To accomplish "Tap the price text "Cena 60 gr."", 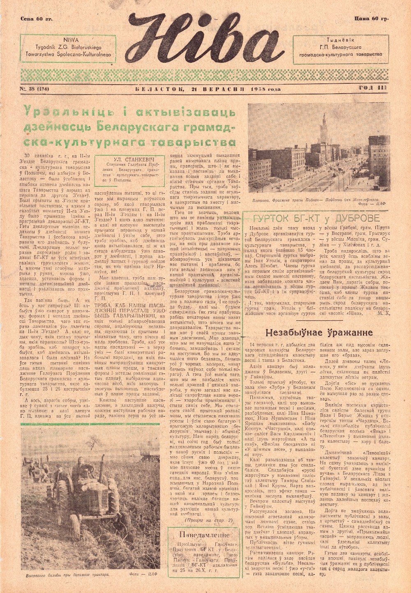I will point(36,19).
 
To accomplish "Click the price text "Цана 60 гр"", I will point(371,18).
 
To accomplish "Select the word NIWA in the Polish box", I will point(68,40).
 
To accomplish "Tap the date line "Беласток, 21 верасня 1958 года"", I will point(208,89).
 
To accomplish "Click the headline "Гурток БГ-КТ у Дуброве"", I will point(316,218).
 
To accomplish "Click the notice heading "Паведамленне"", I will point(204,535).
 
